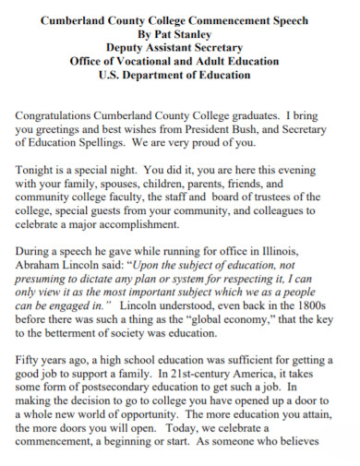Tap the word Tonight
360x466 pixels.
pyautogui.click(x=40, y=172)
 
